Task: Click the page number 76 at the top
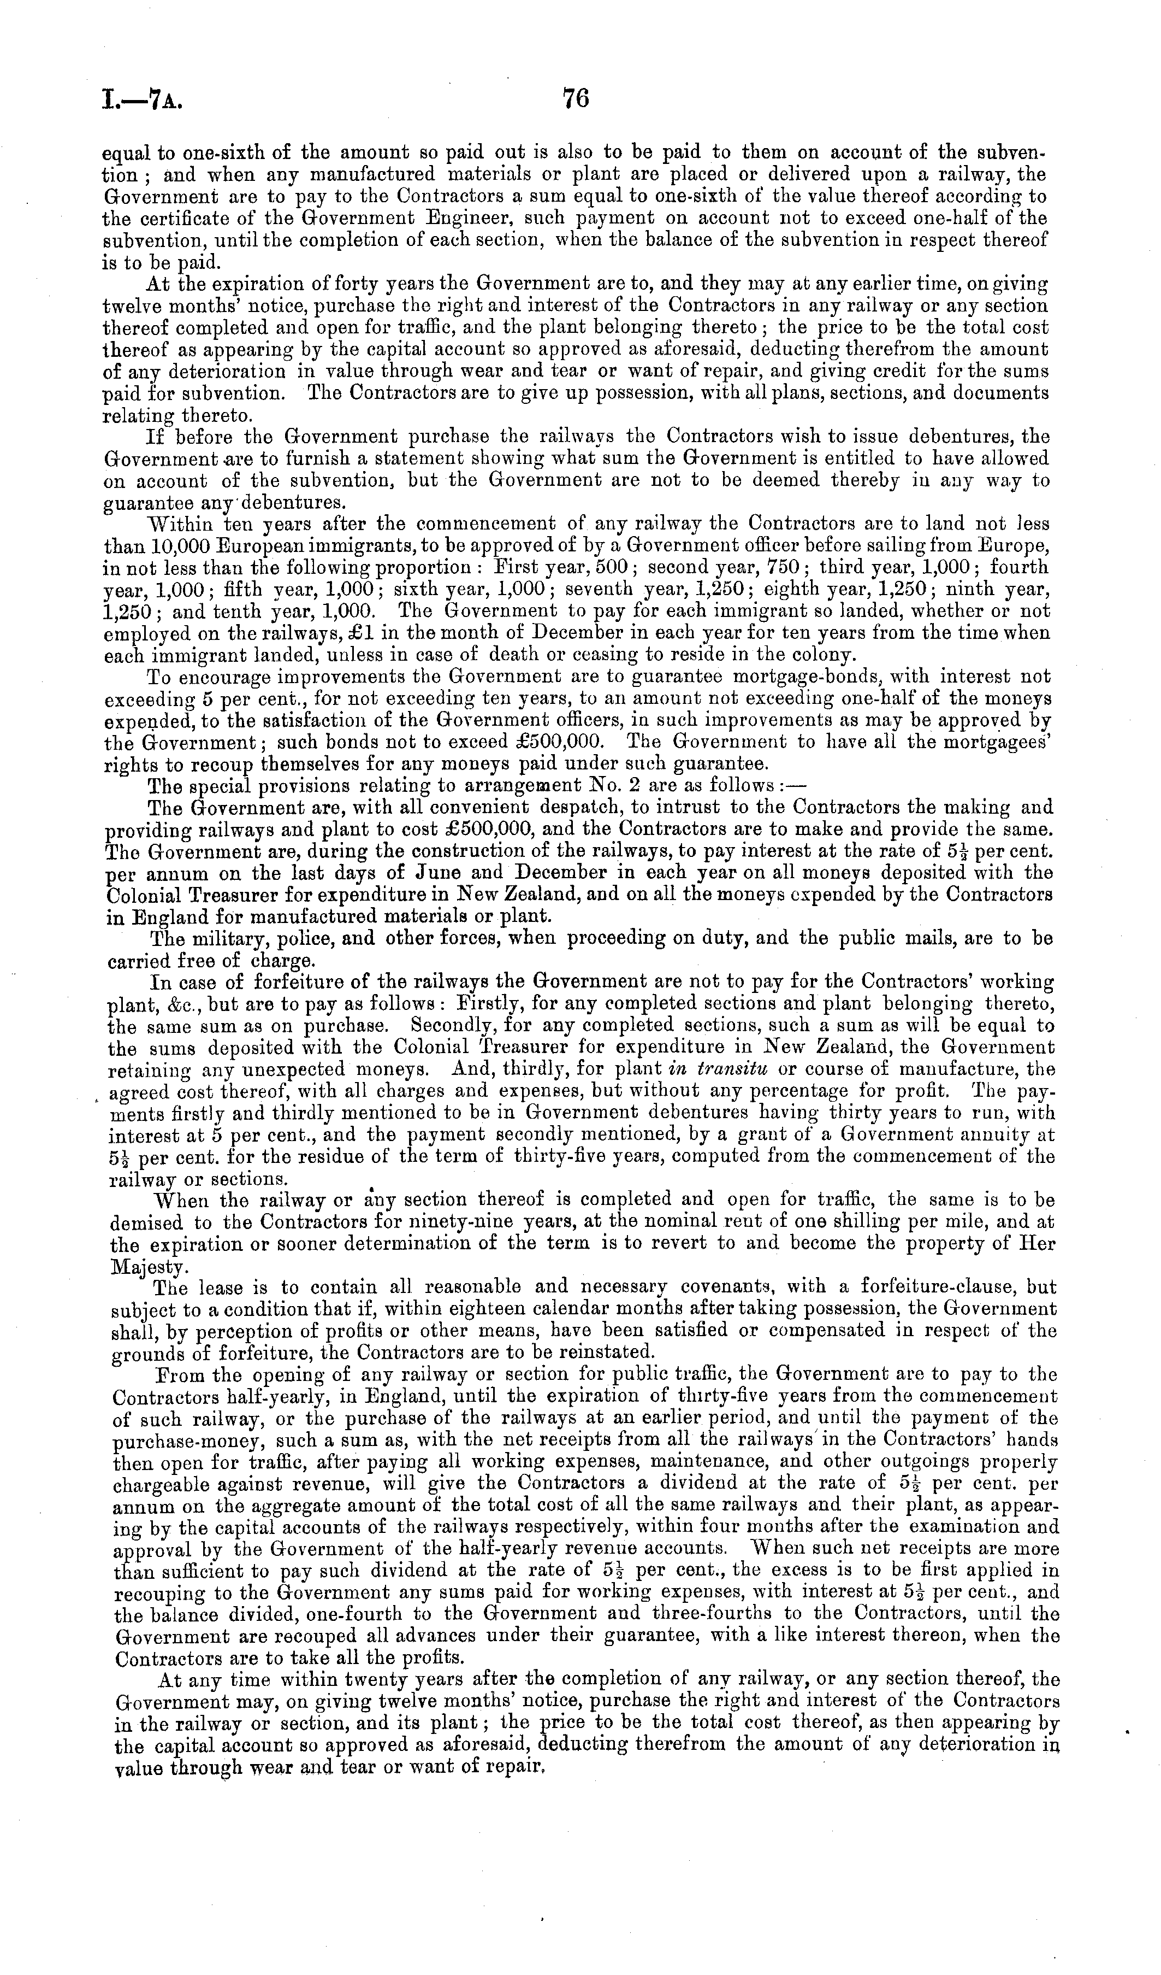[575, 99]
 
